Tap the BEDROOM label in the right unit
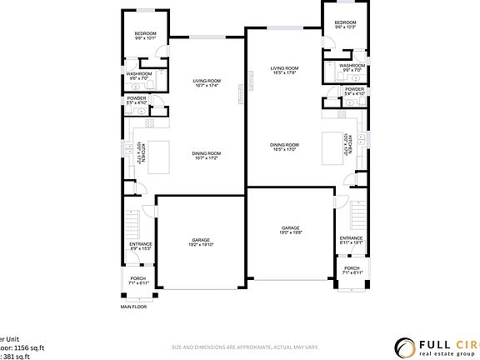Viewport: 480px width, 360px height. [345, 22]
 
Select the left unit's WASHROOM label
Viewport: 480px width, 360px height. [139, 73]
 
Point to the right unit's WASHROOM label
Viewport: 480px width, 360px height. [352, 65]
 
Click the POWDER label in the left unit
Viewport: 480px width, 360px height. [137, 98]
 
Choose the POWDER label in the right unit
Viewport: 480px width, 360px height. [354, 89]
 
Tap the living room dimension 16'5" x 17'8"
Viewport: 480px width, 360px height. [284, 73]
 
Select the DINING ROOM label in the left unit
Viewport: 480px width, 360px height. [206, 153]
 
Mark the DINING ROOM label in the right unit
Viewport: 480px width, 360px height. [284, 145]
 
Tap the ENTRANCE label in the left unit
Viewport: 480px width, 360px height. [140, 244]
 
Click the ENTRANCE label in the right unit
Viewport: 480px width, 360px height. [352, 237]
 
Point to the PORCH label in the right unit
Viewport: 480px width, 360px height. [352, 268]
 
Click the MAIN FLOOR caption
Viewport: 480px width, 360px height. [133, 307]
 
